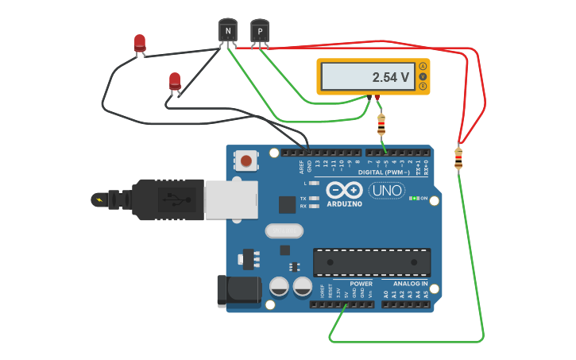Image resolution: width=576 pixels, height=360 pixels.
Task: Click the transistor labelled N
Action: pos(228,30)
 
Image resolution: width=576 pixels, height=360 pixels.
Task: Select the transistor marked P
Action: pos(260,30)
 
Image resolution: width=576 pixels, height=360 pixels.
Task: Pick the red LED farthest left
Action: pos(140,43)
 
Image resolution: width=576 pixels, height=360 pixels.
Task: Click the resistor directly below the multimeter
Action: pos(381,125)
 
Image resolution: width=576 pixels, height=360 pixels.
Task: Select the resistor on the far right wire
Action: pos(458,158)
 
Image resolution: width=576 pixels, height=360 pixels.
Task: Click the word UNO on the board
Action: pos(387,191)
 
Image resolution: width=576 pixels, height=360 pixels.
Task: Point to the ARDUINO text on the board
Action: pos(345,204)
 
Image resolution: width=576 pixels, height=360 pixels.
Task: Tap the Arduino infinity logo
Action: pos(345,191)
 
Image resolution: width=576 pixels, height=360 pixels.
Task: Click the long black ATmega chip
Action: pos(372,261)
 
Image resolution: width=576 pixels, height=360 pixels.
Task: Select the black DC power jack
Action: pos(239,290)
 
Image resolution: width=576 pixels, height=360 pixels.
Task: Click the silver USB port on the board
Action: pos(231,199)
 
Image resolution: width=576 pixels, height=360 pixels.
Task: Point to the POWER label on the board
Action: pos(361,283)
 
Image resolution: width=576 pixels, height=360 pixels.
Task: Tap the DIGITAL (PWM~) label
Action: pos(385,172)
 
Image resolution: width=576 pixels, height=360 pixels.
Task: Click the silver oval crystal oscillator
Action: pos(284,231)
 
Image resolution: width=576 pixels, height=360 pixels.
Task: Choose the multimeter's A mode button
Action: pos(423,66)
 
